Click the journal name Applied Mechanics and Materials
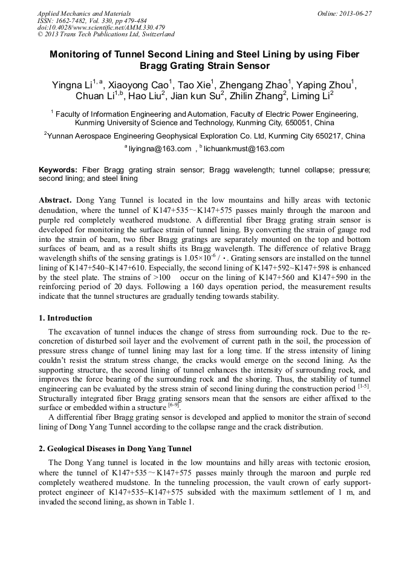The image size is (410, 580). click(84, 13)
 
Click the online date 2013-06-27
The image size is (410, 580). click(344, 13)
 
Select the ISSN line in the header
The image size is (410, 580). click(92, 21)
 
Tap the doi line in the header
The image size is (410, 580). click(101, 28)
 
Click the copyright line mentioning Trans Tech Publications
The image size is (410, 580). click(106, 34)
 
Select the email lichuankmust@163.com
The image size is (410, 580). click(244, 149)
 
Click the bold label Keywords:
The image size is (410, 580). click(58, 171)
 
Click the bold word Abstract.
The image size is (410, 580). click(56, 200)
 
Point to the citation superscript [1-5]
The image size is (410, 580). click(363, 385)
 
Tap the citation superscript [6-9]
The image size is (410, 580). click(174, 405)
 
